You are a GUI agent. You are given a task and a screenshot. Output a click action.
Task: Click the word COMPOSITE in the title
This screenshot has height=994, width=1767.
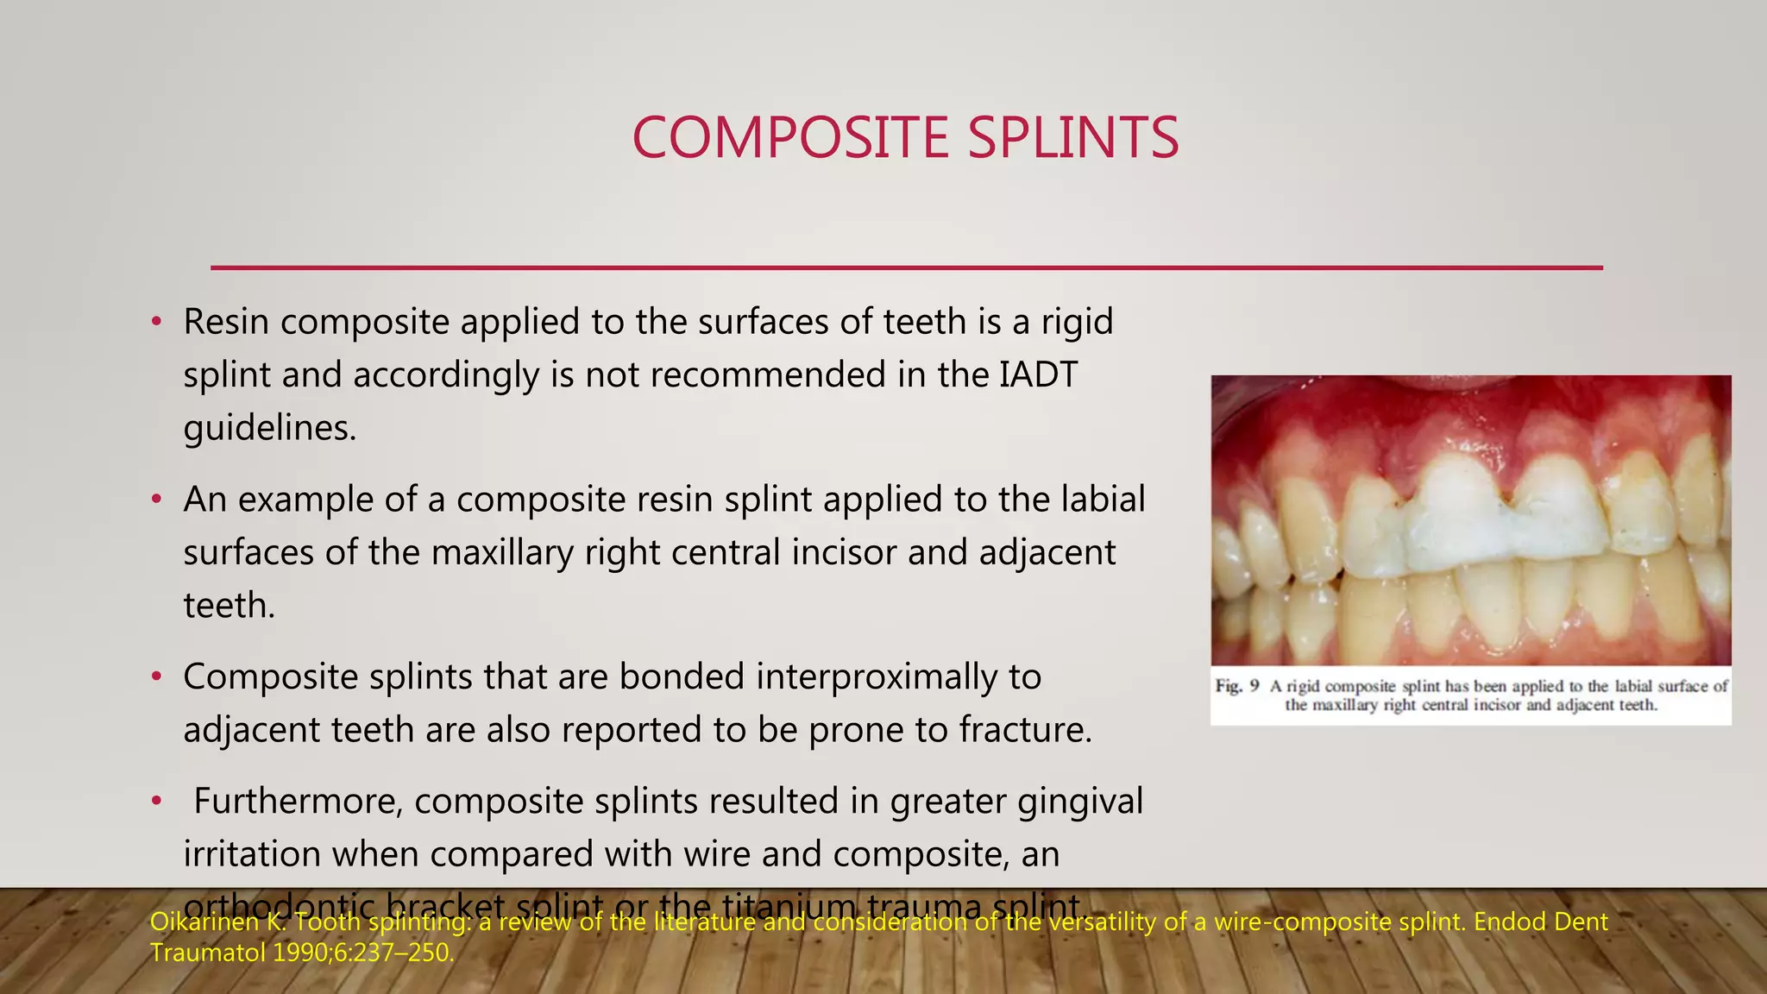[x=790, y=138]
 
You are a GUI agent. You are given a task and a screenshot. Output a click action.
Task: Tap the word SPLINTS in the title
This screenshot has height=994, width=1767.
[x=1072, y=138]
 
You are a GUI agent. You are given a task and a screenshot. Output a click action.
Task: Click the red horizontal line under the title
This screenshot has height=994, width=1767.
[x=906, y=267]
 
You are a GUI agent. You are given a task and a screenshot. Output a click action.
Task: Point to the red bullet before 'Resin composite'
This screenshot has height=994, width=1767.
[x=156, y=323]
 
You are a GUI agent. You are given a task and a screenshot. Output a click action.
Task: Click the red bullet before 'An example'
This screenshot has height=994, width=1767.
[x=156, y=500]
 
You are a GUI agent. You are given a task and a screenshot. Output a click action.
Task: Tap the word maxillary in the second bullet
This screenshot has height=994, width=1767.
[x=501, y=553]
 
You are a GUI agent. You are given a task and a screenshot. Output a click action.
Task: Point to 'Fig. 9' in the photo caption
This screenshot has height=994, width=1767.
[x=1236, y=687]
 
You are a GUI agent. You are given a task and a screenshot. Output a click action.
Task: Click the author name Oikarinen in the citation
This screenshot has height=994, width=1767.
[x=203, y=922]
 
